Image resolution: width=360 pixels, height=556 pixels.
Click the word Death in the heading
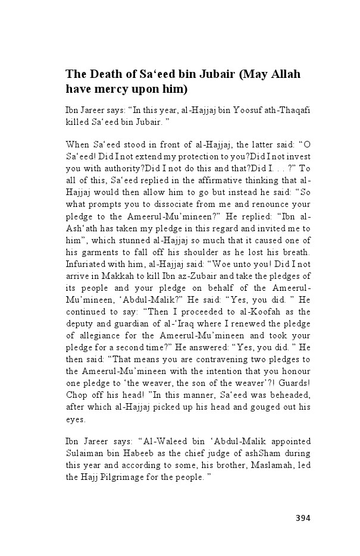[x=107, y=74]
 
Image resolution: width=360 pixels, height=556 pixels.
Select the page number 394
[x=303, y=517]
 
